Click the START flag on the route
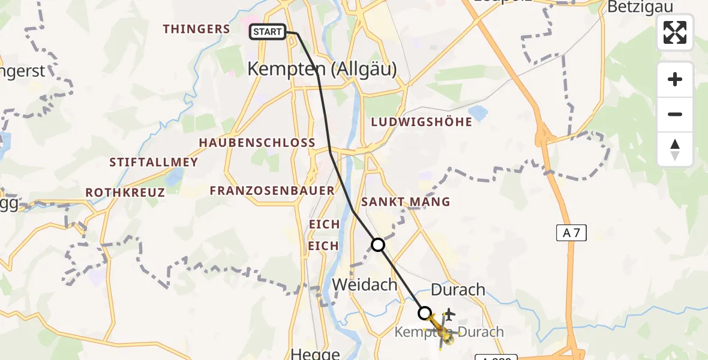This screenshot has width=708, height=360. tap(268, 32)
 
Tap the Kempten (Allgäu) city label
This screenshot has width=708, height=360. tap(322, 70)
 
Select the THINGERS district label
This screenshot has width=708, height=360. tap(196, 29)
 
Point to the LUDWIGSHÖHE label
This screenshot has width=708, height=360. tap(421, 122)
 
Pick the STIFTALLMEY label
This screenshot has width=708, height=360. tap(154, 162)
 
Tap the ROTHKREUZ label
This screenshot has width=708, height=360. tap(125, 193)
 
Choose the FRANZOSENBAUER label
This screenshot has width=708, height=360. tap(272, 191)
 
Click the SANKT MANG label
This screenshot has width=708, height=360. tap(405, 202)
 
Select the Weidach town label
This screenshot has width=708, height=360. tap(365, 284)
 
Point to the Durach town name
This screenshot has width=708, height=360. tap(458, 290)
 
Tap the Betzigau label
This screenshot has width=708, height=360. tap(640, 7)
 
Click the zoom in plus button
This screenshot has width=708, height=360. tap(675, 79)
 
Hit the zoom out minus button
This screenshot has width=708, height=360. tap(675, 114)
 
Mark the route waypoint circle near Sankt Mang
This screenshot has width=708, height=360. tap(378, 245)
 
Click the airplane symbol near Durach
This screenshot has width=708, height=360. tap(449, 314)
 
